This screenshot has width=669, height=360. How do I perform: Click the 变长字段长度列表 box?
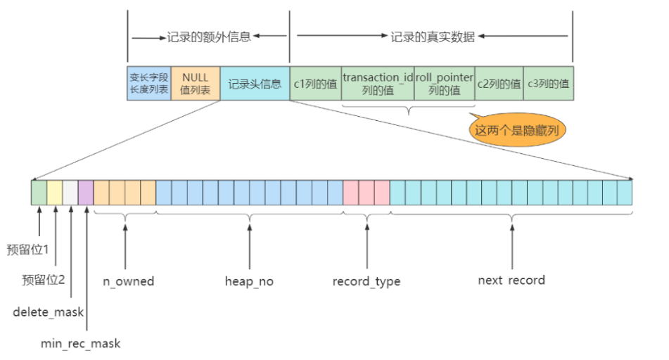point(148,84)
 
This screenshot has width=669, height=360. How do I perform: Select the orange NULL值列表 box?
point(196,84)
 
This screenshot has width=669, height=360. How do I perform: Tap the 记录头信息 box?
point(255,84)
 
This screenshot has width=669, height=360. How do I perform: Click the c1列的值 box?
point(316,84)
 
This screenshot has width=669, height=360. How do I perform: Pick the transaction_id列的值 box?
point(378,84)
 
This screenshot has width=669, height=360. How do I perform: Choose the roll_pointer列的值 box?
point(445,84)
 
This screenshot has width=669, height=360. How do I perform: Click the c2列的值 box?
point(499,84)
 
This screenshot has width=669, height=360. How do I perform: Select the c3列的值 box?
point(548,84)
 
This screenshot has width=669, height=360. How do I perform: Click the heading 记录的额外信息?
point(209,37)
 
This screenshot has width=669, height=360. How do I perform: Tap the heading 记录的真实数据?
point(433,37)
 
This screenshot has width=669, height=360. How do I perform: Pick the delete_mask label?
point(48,311)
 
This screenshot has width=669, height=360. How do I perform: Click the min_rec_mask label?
point(80,343)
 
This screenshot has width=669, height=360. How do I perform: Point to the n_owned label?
point(128,281)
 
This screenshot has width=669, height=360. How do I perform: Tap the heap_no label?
point(249,281)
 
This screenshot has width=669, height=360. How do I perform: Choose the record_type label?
point(367,281)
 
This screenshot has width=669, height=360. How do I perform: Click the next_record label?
point(511,280)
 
